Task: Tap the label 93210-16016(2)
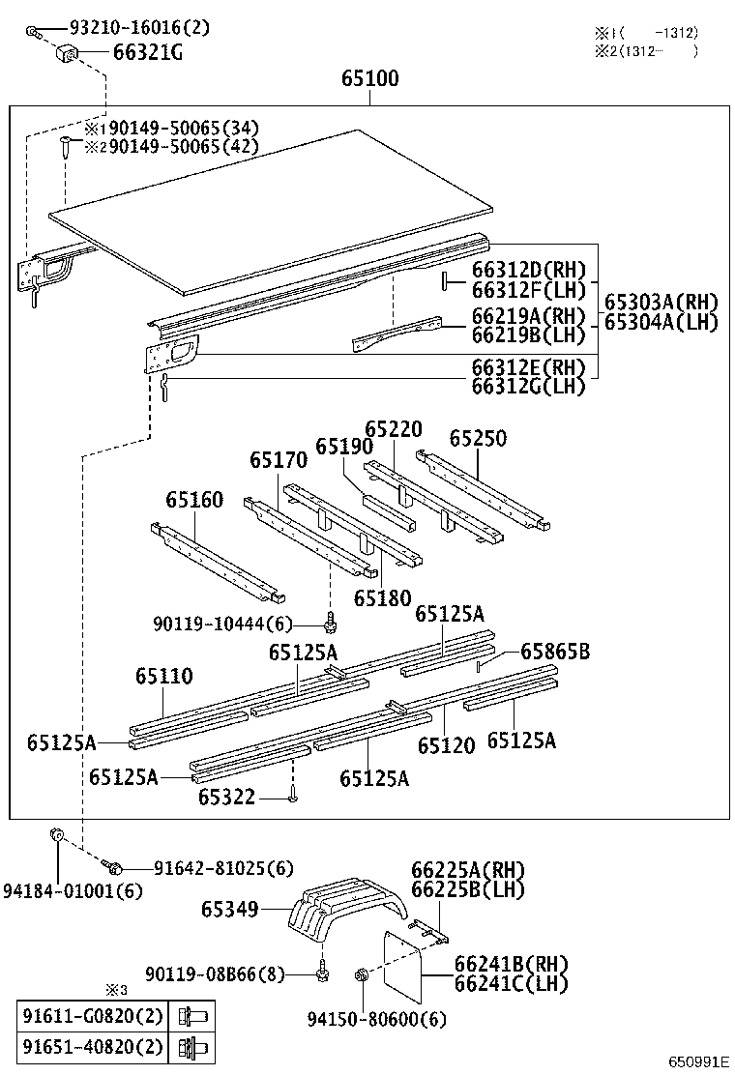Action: (139, 29)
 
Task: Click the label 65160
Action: (193, 500)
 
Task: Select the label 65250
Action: (478, 438)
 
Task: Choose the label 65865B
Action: (554, 652)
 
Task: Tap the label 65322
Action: (226, 797)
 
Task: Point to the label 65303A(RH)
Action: (661, 302)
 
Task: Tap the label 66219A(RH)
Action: (529, 316)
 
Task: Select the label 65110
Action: (163, 676)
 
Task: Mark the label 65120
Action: (446, 745)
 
